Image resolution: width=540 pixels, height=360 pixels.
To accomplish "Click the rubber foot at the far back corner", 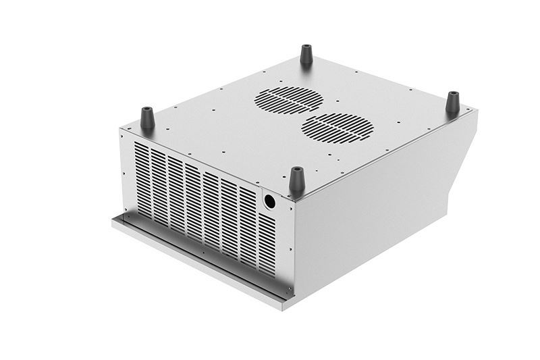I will click(x=306, y=53).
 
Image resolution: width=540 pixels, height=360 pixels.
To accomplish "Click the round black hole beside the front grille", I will click(x=269, y=201).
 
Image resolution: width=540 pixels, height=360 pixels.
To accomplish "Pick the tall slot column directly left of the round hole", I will click(x=248, y=216).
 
